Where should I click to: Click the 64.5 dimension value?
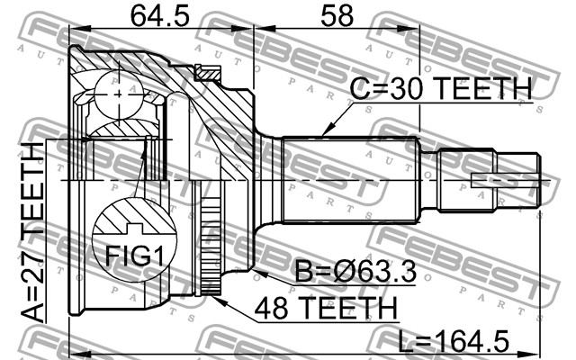[x=160, y=16]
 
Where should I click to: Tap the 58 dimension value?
[x=337, y=16]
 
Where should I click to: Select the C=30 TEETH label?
[x=440, y=88]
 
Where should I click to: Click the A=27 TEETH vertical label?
[x=32, y=233]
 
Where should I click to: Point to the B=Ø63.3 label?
[x=355, y=272]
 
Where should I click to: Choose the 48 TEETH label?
[x=326, y=308]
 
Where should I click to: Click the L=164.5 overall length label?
[x=454, y=341]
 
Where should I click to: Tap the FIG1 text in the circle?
[x=134, y=256]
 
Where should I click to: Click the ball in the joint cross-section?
[x=118, y=94]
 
